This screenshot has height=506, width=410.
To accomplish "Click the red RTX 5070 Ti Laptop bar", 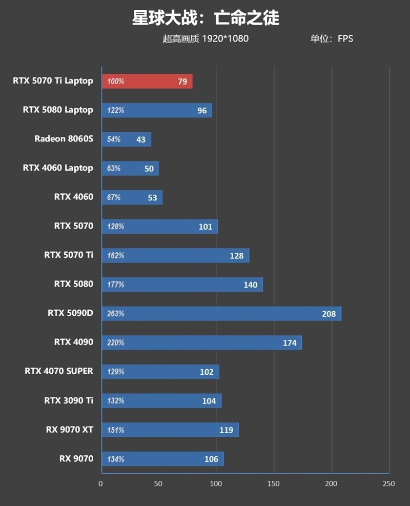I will (147, 81).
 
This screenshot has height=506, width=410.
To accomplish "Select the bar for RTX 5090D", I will (221, 314).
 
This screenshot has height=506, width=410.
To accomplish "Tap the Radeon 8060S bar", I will (126, 139).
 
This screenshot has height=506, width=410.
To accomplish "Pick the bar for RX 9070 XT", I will (170, 430).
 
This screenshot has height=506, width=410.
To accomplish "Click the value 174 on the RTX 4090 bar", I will (290, 343).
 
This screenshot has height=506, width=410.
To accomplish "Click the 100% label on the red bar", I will (115, 81).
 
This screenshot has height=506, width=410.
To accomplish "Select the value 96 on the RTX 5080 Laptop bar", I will (202, 110).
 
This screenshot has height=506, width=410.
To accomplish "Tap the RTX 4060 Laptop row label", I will (58, 168).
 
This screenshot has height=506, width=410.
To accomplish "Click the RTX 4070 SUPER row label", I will (59, 371).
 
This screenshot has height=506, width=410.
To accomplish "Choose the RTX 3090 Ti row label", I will (69, 400).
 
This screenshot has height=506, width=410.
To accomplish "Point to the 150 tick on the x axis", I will (274, 483).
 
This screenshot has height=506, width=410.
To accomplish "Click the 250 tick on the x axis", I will (388, 483).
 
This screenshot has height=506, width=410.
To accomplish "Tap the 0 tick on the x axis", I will (101, 483).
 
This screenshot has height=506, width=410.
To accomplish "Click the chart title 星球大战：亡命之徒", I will (206, 18).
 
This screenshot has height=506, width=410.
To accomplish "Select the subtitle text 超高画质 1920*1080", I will (206, 38).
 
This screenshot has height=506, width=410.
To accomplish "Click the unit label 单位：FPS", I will (331, 38).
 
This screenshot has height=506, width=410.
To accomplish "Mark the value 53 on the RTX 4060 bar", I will (152, 197).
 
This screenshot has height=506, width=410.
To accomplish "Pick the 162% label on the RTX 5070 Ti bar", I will (115, 256).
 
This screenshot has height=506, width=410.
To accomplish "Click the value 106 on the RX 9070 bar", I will (211, 459).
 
